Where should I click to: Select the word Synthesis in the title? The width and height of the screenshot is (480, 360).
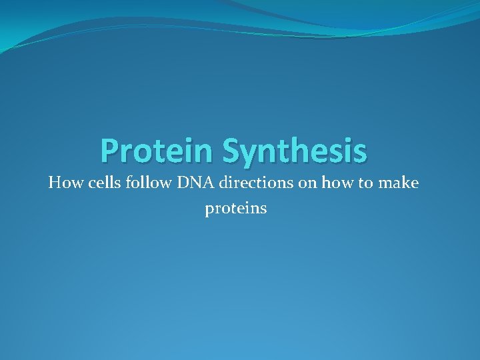click(x=295, y=151)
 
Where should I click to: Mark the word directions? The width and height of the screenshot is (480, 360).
click(x=255, y=183)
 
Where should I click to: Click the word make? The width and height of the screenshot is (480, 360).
click(x=399, y=183)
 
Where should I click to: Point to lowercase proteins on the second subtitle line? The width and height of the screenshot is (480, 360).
click(x=236, y=209)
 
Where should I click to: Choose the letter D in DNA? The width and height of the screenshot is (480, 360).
click(x=181, y=183)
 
